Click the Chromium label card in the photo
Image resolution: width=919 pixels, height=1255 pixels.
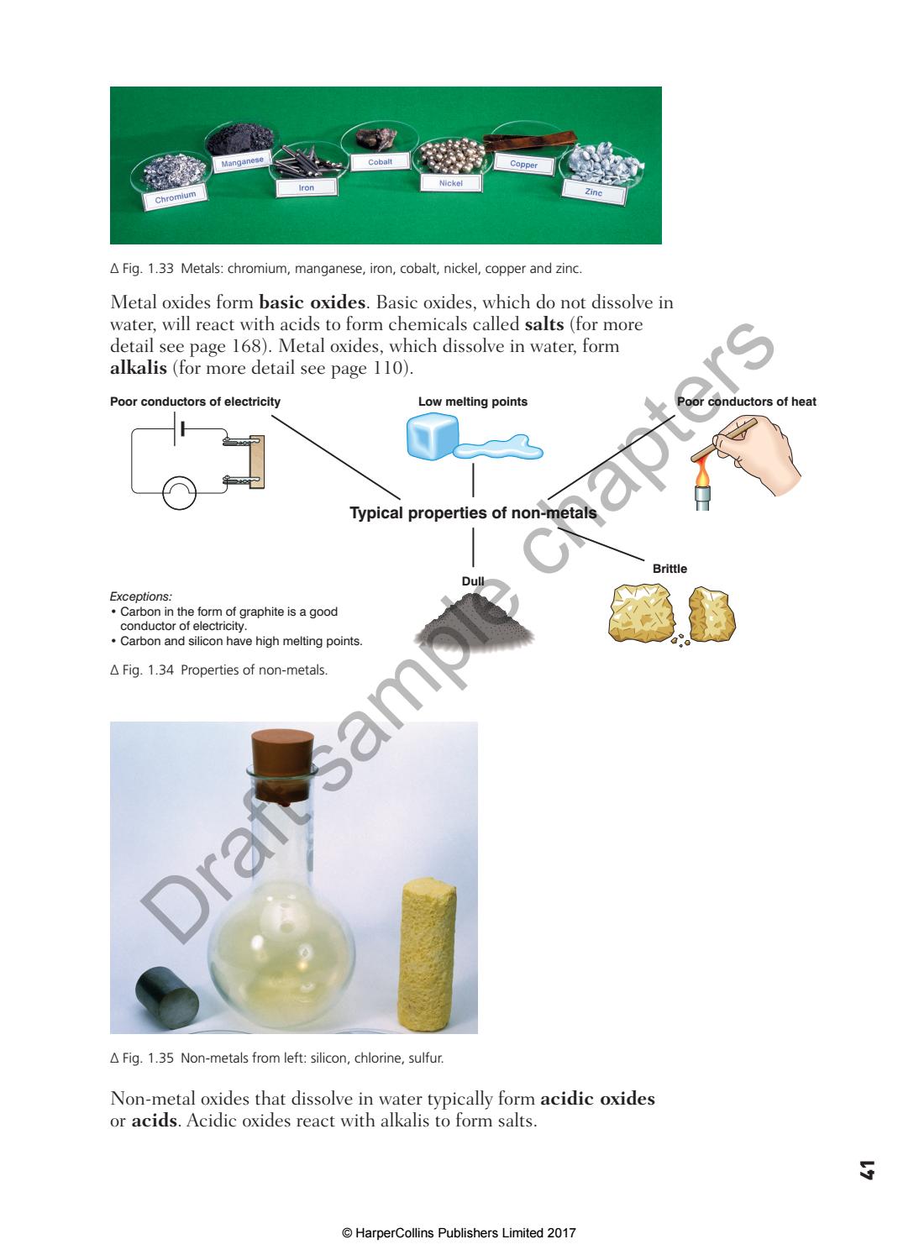[175, 197]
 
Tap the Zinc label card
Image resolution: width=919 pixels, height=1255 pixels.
[594, 192]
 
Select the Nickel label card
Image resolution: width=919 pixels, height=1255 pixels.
[451, 182]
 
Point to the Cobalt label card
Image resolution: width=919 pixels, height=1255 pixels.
[380, 161]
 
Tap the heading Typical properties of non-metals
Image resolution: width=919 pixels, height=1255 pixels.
[473, 513]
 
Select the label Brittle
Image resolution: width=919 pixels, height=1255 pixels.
[670, 569]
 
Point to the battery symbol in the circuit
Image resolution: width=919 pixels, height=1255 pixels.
[179, 429]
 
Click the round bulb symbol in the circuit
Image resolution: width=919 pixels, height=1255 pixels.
[179, 493]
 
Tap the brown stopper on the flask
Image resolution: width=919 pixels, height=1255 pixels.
[284, 763]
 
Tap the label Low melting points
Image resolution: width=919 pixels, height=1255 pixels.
[473, 402]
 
